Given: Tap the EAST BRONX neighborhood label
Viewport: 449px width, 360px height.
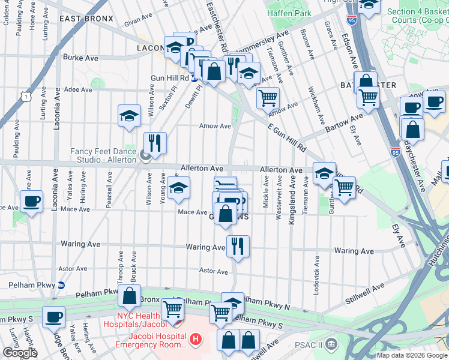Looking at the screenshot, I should pyautogui.click(x=86, y=19).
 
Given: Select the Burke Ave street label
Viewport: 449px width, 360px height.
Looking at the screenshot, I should pyautogui.click(x=80, y=58).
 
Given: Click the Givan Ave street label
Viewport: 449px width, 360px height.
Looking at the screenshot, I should pyautogui.click(x=136, y=24).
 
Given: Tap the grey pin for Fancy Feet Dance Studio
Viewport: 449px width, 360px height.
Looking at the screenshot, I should pyautogui.click(x=145, y=157).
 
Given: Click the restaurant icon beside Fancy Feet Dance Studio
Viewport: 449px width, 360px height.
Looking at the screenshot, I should pyautogui.click(x=155, y=143).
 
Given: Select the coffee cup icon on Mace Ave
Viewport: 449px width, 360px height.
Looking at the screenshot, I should pyautogui.click(x=32, y=201).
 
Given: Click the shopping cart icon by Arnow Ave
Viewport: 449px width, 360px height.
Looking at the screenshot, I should pyautogui.click(x=268, y=97).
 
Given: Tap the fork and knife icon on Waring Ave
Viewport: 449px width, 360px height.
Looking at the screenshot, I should pyautogui.click(x=238, y=246).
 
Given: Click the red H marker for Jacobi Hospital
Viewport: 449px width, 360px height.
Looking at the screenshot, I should pyautogui.click(x=194, y=340).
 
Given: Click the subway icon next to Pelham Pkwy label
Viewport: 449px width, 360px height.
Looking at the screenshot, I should pyautogui.click(x=61, y=285).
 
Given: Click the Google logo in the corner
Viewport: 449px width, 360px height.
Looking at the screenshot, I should pyautogui.click(x=20, y=353).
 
